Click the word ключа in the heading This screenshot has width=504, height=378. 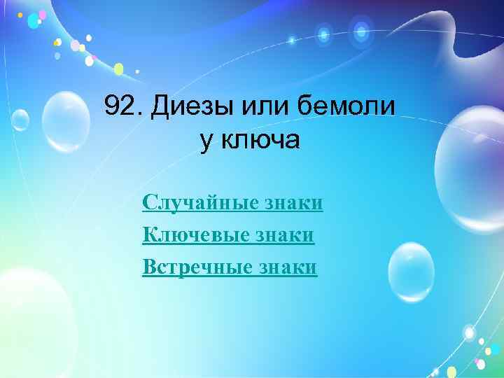[x=260, y=140]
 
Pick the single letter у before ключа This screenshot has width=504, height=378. [x=206, y=141]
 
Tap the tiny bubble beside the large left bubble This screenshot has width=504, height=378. [x=20, y=120]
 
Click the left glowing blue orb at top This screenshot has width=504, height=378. [x=323, y=33]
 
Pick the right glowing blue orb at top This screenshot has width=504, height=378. [x=360, y=30]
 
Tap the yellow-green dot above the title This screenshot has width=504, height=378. [x=119, y=69]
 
